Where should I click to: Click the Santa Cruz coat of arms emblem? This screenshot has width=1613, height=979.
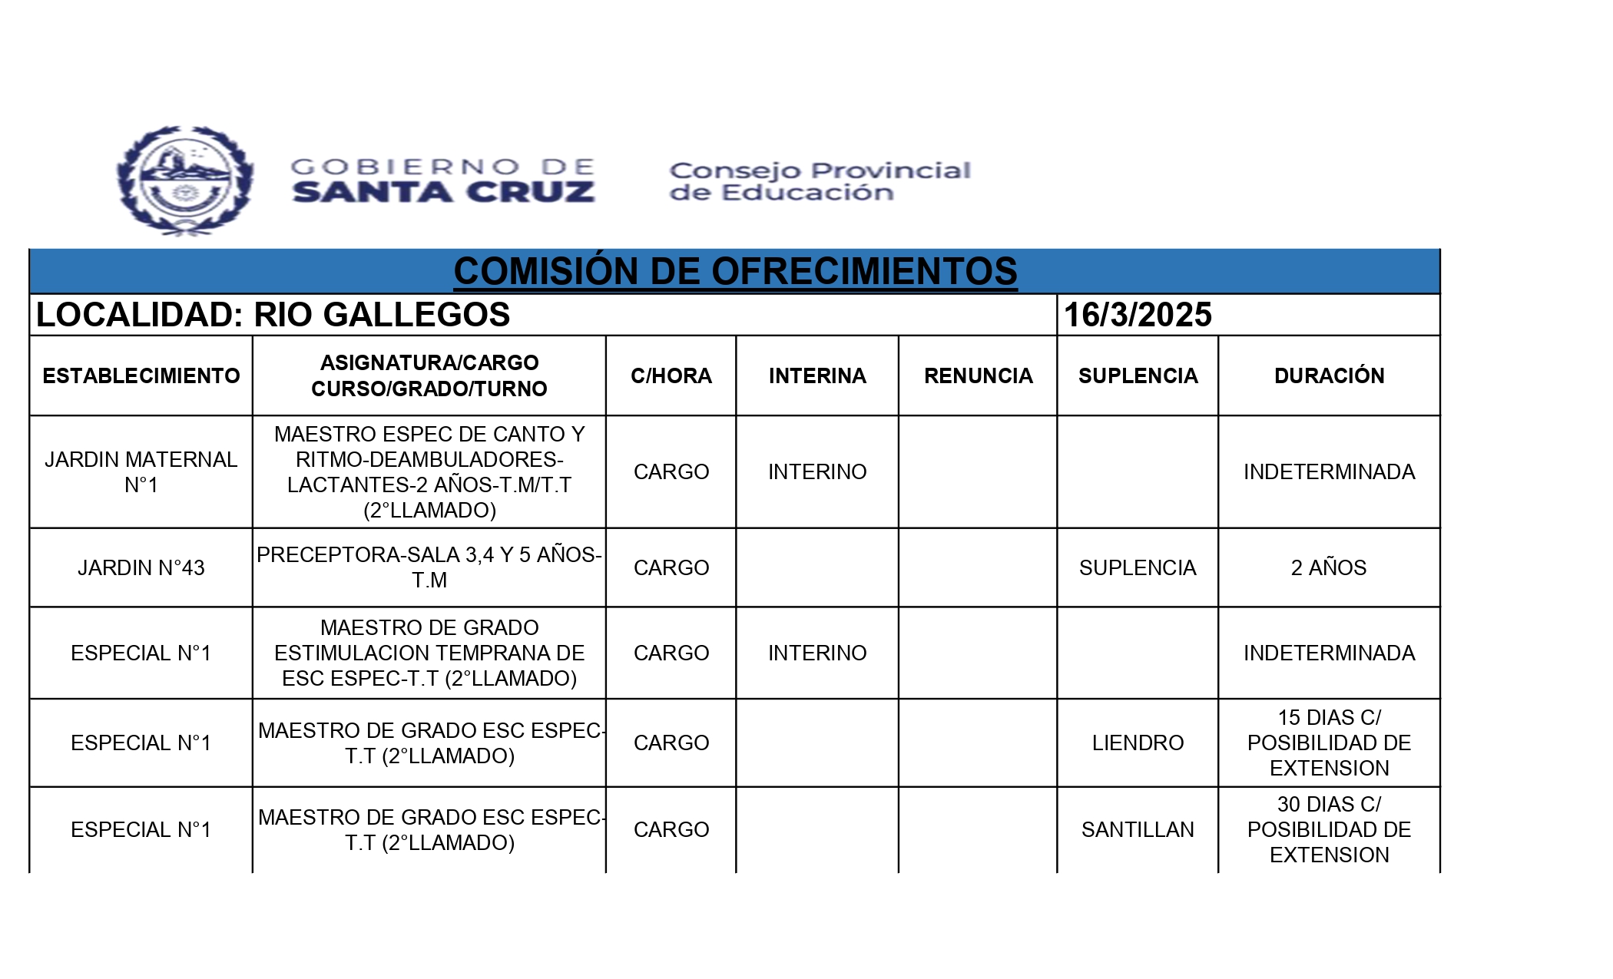pyautogui.click(x=185, y=180)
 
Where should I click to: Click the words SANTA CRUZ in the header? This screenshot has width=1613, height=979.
pyautogui.click(x=443, y=192)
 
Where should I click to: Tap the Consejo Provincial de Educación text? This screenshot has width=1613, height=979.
pyautogui.click(x=820, y=181)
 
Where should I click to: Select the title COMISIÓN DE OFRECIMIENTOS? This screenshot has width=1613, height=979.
pyautogui.click(x=735, y=271)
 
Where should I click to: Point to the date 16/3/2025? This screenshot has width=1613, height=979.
pyautogui.click(x=1138, y=315)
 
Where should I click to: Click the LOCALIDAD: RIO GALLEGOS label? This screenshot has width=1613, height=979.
pyautogui.click(x=273, y=315)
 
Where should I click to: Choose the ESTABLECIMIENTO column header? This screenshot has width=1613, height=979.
pyautogui.click(x=141, y=375)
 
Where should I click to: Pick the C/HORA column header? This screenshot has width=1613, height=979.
pyautogui.click(x=671, y=375)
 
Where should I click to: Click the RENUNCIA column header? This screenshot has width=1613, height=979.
pyautogui.click(x=978, y=375)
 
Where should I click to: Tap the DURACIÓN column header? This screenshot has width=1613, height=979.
pyautogui.click(x=1329, y=375)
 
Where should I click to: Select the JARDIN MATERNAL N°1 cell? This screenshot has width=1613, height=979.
pyautogui.click(x=141, y=472)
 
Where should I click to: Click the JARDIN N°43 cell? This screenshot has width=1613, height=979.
pyautogui.click(x=141, y=567)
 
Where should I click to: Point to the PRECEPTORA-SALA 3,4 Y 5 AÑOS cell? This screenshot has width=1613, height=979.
pyautogui.click(x=429, y=567)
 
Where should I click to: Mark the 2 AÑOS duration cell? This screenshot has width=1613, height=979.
pyautogui.click(x=1329, y=567)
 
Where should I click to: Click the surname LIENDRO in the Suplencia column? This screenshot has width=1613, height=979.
pyautogui.click(x=1138, y=743)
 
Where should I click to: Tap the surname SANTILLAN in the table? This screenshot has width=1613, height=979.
pyautogui.click(x=1138, y=829)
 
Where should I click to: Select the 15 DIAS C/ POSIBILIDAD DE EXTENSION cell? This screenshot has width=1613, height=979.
pyautogui.click(x=1329, y=743)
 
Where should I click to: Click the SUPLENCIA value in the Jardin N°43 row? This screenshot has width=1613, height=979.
pyautogui.click(x=1138, y=567)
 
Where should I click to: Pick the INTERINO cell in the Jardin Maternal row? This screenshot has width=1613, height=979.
pyautogui.click(x=817, y=471)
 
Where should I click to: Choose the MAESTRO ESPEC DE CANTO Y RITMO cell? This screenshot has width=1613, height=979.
pyautogui.click(x=429, y=472)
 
